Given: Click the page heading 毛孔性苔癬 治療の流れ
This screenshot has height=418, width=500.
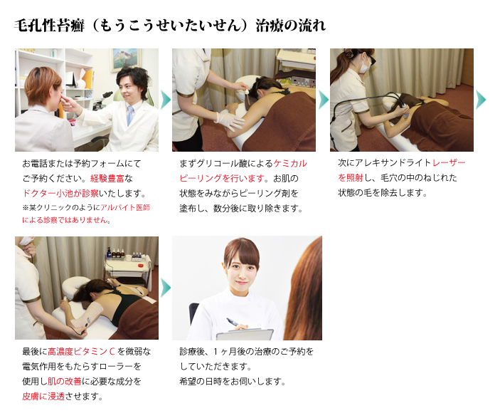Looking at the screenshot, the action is [x=170, y=25].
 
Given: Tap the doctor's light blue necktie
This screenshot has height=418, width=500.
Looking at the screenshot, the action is [x=129, y=115].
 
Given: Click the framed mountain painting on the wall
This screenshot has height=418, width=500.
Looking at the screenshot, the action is [x=126, y=60].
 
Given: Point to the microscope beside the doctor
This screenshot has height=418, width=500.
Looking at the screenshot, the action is [x=105, y=100].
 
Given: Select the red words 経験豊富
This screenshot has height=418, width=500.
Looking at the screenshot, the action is [x=107, y=178].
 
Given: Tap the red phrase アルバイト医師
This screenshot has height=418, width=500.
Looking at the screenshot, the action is [x=125, y=207].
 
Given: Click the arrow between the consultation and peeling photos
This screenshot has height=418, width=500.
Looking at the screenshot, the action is [x=166, y=100].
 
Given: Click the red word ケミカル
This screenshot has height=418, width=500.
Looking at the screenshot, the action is [x=290, y=164].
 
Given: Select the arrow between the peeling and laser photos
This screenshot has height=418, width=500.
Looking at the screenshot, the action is [x=324, y=100].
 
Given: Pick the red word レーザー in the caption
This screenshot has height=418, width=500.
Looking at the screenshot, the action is [x=449, y=163].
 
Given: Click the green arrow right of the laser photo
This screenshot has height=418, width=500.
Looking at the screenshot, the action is [x=481, y=100].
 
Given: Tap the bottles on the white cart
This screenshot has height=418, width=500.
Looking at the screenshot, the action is [x=126, y=254].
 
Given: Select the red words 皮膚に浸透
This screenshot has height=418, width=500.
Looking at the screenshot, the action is [x=43, y=397].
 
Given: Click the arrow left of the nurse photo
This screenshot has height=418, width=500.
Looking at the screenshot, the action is [x=166, y=288].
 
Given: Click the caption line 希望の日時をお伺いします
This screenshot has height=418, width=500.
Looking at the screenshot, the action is [x=232, y=382].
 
